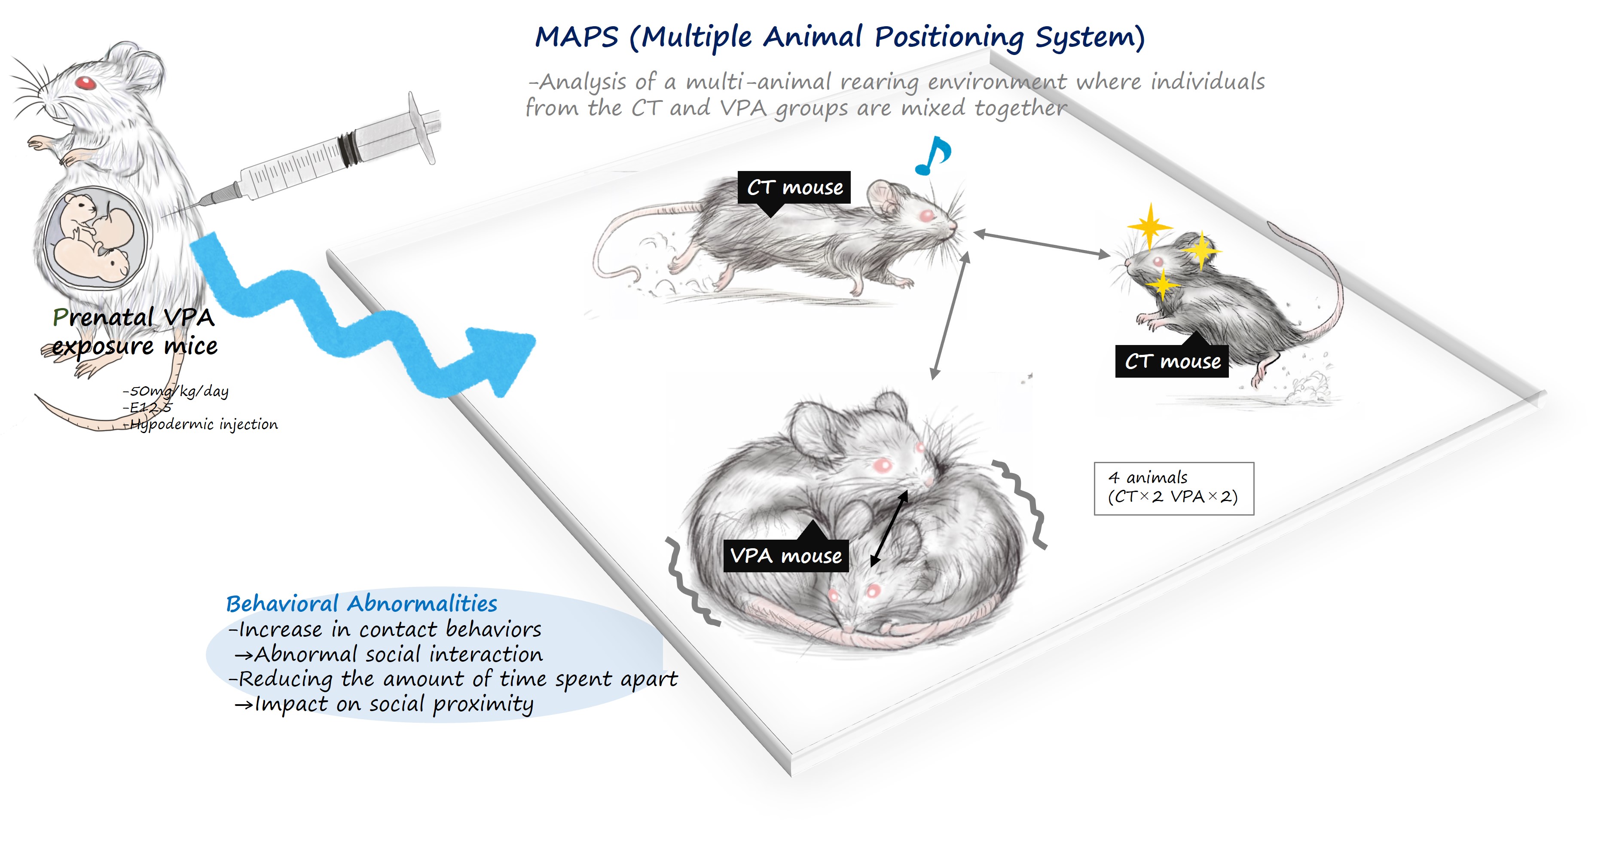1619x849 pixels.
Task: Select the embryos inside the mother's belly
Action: pos(94,239)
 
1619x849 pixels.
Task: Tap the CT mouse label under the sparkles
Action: pos(1172,361)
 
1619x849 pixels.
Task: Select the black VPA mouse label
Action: pos(785,556)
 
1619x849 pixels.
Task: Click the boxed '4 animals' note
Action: pos(1173,488)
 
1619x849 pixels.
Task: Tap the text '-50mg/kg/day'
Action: pos(176,391)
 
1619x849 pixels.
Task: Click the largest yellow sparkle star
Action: pos(1149,225)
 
